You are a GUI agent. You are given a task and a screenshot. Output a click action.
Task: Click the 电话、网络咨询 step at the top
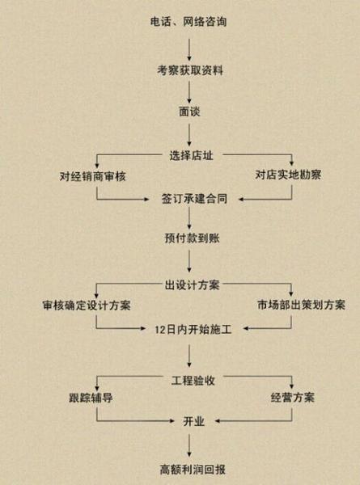[x=188, y=22]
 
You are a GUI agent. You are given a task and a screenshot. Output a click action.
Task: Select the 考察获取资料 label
[x=190, y=70]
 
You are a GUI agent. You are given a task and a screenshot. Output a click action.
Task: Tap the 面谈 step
[x=189, y=112]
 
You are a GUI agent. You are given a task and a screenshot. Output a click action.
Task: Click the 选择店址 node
[x=191, y=155]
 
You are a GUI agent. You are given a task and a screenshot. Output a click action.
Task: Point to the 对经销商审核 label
[x=92, y=176]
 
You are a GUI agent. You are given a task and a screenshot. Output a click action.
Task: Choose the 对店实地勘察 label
[x=288, y=175]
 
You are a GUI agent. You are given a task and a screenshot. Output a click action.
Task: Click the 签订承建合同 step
[x=194, y=199]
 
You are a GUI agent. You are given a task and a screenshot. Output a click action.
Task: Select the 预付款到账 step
[x=193, y=238]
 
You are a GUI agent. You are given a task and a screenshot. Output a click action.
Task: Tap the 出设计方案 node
[x=193, y=285]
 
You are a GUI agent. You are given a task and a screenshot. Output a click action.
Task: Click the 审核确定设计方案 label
[x=87, y=306]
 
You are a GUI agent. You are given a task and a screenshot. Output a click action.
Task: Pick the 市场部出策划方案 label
[x=302, y=305]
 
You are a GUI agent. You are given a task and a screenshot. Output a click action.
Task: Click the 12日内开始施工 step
[x=193, y=330]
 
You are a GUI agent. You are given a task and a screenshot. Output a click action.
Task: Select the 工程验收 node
[x=193, y=381]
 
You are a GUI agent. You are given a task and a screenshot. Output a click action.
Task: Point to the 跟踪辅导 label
[x=91, y=398]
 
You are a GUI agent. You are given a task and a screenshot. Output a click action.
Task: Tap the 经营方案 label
[x=293, y=397]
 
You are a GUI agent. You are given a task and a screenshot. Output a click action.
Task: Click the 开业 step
[x=194, y=421]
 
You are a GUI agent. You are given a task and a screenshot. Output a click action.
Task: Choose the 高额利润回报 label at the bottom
[x=193, y=470]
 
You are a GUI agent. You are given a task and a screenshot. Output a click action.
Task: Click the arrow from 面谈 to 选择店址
[x=189, y=135]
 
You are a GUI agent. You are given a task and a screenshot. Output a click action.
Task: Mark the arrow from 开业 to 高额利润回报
[x=189, y=445]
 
